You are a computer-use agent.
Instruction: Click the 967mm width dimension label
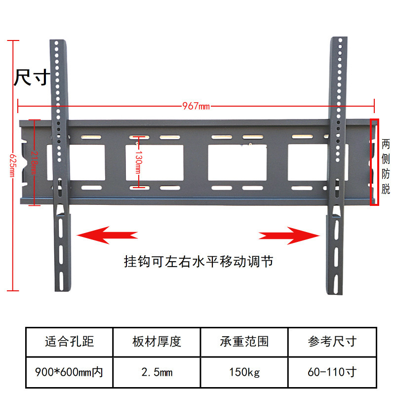click(196, 106)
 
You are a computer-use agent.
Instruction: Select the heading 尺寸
click(31, 78)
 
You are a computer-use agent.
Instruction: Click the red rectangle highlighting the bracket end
click(376, 161)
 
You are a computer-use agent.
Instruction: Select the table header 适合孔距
click(69, 341)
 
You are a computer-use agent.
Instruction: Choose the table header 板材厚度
click(157, 341)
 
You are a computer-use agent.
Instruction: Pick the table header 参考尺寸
click(332, 341)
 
